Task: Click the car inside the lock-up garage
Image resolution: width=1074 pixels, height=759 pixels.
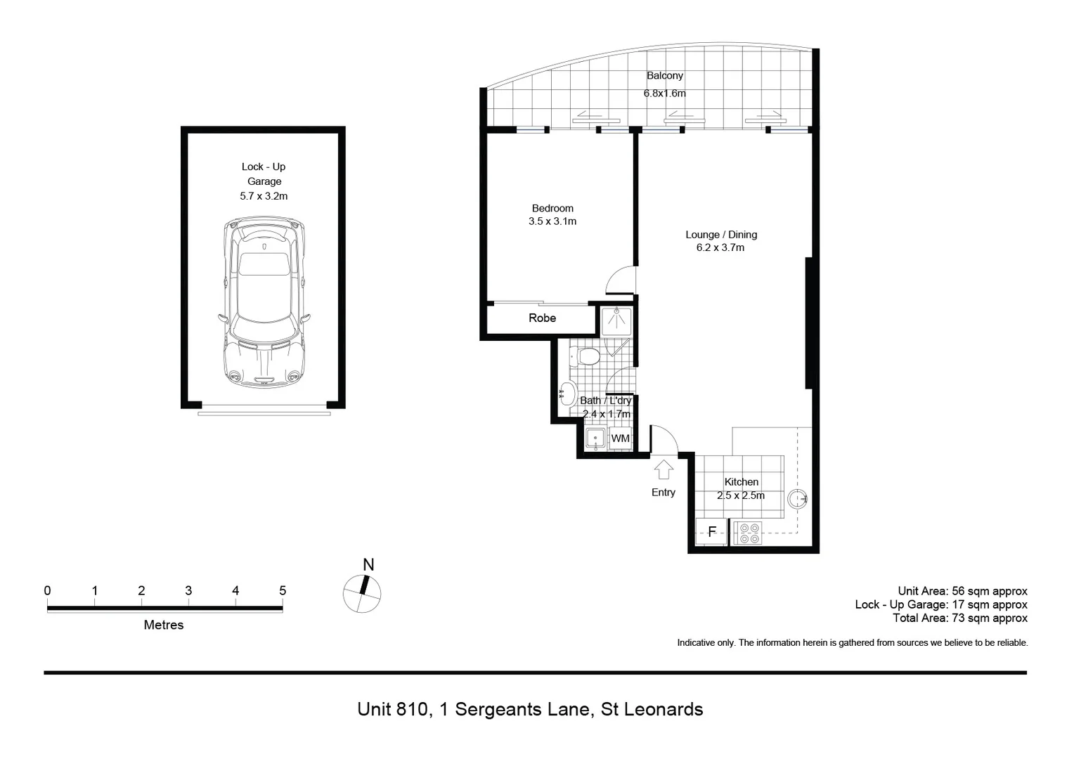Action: (x=264, y=302)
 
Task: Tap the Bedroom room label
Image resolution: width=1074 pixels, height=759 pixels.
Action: (x=552, y=208)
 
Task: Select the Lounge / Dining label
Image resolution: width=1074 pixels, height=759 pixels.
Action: (x=721, y=235)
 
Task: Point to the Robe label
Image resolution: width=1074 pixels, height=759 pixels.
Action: (x=542, y=318)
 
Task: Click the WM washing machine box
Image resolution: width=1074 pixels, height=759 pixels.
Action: (x=620, y=439)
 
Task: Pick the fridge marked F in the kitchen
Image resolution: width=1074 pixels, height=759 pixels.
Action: (x=711, y=531)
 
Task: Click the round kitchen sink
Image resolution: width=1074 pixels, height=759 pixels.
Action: (x=797, y=499)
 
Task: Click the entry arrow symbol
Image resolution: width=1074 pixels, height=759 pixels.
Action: (x=663, y=468)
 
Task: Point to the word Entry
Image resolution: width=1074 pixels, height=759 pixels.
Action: (x=663, y=493)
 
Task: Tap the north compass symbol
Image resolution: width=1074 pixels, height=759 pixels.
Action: (x=362, y=593)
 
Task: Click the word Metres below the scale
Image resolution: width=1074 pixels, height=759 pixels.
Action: (x=163, y=625)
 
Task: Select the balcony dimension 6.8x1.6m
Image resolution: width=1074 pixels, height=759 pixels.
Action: (x=664, y=93)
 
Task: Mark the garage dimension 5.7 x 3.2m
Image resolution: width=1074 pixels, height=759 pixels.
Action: (x=264, y=196)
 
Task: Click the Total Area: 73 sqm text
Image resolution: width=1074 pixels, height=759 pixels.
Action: (x=959, y=618)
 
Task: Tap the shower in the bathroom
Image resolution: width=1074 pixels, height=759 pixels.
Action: (x=616, y=320)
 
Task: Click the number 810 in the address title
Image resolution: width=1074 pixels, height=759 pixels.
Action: (x=411, y=709)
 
